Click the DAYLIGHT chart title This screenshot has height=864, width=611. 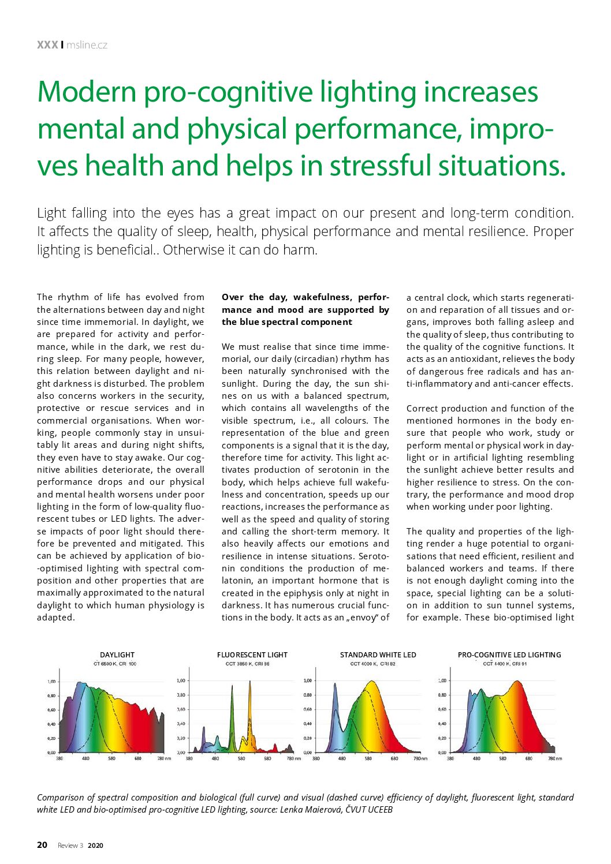pos(117,654)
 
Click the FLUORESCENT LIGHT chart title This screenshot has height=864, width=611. pos(252,654)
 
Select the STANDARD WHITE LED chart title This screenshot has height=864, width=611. pos(378,654)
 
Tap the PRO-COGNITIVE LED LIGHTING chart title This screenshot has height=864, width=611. pos(509,654)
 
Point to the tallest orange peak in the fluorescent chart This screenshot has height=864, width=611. pos(250,682)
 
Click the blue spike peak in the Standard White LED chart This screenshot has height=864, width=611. pos(335,685)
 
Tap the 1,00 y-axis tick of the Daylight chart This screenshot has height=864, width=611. pos(51,682)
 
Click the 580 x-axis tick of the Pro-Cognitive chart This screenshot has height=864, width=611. pos(502,758)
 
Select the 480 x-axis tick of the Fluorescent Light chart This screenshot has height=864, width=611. pos(215,758)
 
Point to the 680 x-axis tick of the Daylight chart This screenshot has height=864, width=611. pos(138,758)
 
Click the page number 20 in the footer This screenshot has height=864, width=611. pos(42,845)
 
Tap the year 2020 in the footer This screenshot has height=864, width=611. pos(95,846)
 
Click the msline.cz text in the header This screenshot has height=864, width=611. pos(87,45)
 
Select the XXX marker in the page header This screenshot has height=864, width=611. pos(47,45)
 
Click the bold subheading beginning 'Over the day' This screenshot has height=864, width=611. pos(305,309)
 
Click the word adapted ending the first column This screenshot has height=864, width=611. pos(56,618)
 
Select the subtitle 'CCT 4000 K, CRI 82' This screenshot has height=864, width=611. pos(372,664)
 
